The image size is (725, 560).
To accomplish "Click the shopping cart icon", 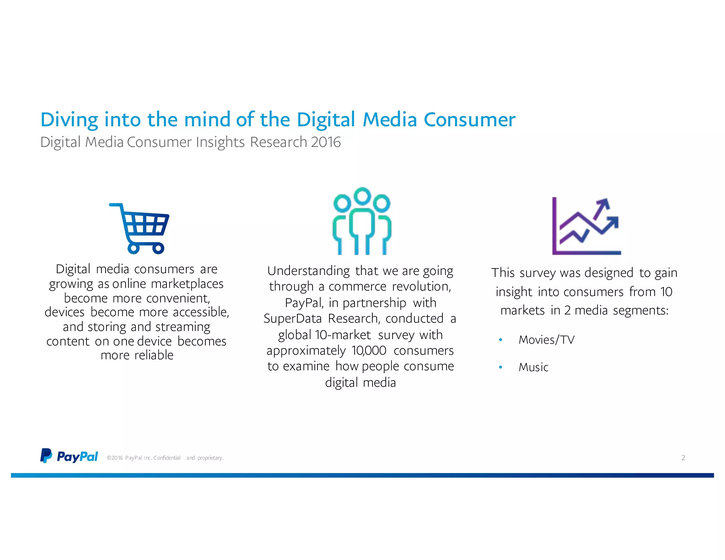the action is tap(139, 229).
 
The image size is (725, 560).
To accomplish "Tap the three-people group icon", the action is tap(362, 221).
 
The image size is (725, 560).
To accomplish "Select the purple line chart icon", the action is tap(586, 226).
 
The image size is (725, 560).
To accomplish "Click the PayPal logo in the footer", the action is tap(69, 456).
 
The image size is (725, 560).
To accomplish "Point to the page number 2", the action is tap(683, 458).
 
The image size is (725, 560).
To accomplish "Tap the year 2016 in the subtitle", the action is tap(326, 142).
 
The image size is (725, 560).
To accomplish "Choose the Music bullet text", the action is tap(533, 367).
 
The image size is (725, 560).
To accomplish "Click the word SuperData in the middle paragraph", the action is tap(292, 318).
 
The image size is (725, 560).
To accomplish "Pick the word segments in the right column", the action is tap(640, 311).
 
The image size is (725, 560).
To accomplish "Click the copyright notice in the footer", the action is tap(165, 458).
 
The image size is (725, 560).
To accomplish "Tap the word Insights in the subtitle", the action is tap(220, 142).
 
